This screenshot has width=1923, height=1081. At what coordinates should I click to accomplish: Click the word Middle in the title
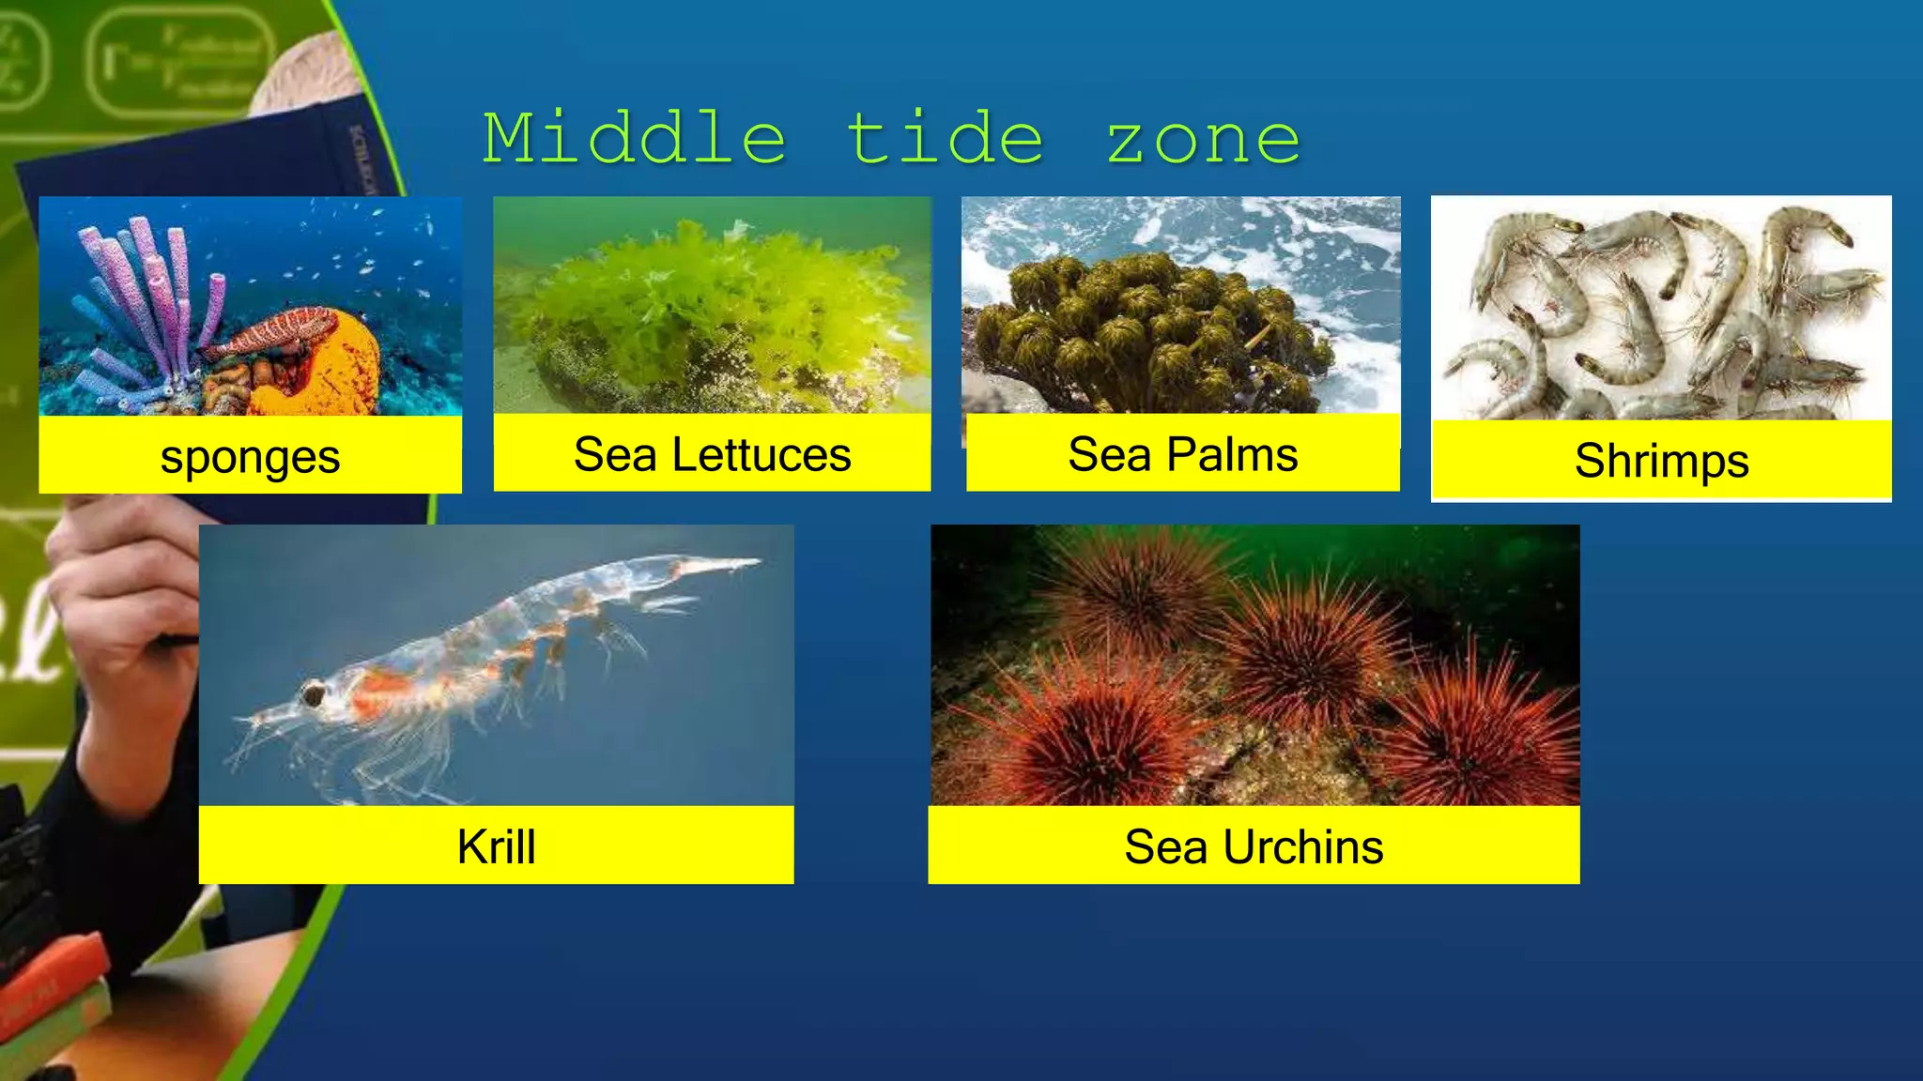pos(635,139)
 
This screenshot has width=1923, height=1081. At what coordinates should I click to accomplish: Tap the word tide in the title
pos(946,139)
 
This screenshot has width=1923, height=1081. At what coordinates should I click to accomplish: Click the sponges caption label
pos(250,458)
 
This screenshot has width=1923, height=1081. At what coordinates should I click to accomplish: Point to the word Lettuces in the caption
pos(762,455)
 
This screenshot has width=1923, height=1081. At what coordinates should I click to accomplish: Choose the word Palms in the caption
pos(1232,455)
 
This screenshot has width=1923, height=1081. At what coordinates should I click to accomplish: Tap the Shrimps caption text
pos(1661,461)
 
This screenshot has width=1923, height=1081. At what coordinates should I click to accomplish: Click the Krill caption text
pos(496,846)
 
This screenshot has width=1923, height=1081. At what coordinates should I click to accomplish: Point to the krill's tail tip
pos(751,564)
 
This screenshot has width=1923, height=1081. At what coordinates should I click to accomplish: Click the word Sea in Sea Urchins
pos(1165,846)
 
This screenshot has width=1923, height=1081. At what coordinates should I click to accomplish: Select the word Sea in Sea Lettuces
pos(615,455)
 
